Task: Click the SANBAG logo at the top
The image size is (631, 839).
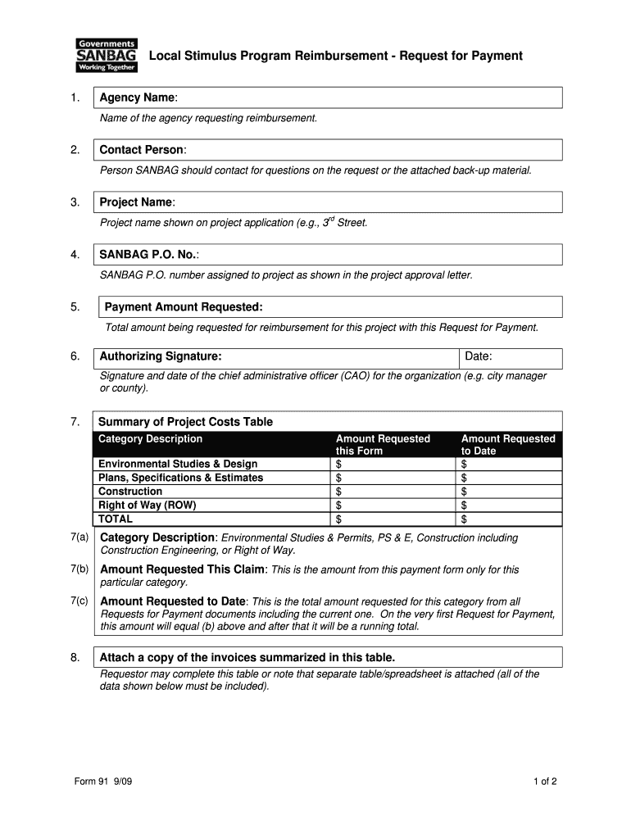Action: [x=107, y=56]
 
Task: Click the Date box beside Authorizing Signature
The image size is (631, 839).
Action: [x=511, y=357]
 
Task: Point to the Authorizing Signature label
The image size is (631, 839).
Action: [x=161, y=357]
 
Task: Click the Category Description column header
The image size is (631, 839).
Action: [x=151, y=439]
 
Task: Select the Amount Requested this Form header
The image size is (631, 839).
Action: [x=383, y=445]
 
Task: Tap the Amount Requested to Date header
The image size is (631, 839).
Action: [x=508, y=445]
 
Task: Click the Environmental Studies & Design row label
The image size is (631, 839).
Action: [x=178, y=465]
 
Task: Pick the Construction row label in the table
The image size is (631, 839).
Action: [x=130, y=492]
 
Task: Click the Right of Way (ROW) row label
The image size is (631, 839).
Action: [x=148, y=506]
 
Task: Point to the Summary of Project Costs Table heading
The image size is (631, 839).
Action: [x=185, y=422]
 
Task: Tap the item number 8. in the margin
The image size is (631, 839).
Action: [x=75, y=657]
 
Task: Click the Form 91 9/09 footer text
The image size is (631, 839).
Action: [x=103, y=782]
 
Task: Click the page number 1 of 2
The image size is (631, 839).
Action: [x=544, y=782]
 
